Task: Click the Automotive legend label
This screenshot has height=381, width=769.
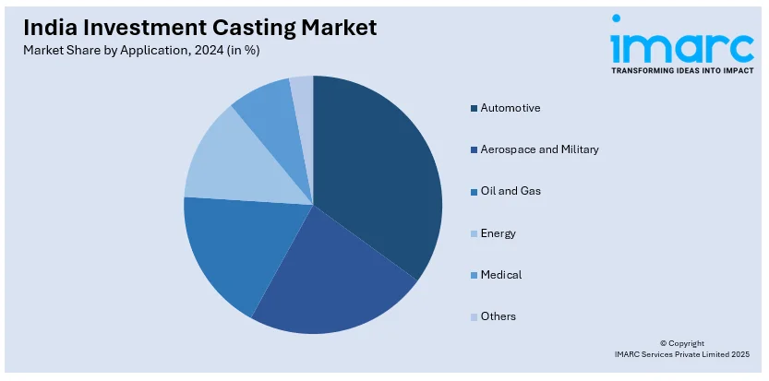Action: (x=511, y=108)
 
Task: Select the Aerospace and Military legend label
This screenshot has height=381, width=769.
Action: (x=539, y=149)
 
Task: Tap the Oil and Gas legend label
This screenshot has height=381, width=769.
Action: (x=511, y=191)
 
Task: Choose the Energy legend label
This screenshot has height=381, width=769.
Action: (x=498, y=233)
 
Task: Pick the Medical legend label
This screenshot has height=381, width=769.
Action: (x=500, y=275)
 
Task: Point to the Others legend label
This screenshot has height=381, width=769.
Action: (x=498, y=316)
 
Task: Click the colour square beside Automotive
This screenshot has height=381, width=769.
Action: (x=474, y=109)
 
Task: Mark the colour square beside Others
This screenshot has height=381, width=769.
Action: (x=474, y=317)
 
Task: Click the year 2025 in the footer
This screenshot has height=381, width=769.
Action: (x=739, y=354)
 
